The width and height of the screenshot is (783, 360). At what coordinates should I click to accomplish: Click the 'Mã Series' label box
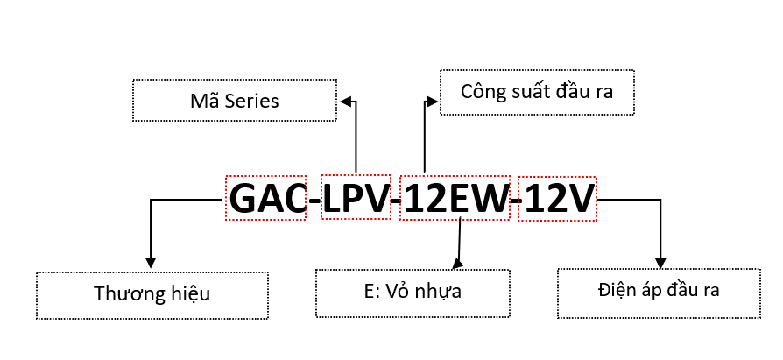point(234,101)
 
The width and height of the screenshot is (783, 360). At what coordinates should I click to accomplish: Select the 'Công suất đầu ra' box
point(536,91)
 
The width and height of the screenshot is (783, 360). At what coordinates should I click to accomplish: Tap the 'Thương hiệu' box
point(152,293)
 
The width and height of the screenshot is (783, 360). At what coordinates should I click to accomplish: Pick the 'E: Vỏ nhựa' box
point(412,293)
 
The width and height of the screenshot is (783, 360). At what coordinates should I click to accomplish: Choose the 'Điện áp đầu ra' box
point(659,289)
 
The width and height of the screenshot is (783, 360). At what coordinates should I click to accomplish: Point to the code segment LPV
point(356,199)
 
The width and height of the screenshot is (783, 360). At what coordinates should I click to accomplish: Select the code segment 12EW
point(455,199)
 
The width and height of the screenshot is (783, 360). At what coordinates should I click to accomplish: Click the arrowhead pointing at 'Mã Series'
point(346,102)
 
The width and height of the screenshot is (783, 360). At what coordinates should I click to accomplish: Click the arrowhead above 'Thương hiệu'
point(151,261)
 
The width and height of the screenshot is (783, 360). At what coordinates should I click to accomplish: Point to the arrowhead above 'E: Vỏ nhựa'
point(455,262)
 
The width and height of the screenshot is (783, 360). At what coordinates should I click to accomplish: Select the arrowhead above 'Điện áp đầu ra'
point(660,261)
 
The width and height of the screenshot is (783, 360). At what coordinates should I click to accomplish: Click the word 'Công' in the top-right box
point(485,91)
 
